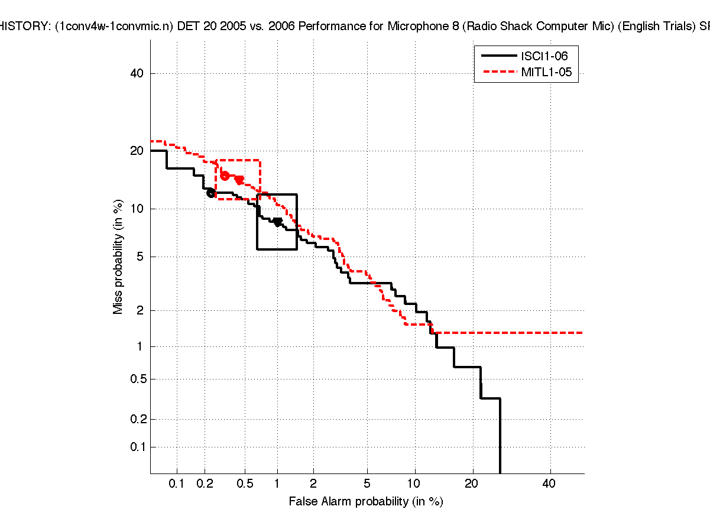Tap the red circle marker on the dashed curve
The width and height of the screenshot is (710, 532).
point(225,176)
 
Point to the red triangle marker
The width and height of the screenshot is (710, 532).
point(239,180)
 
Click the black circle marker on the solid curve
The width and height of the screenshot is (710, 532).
point(211,193)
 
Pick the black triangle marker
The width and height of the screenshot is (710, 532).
point(277,222)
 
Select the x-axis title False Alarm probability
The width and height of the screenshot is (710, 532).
point(366,502)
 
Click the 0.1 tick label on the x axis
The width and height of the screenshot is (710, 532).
point(177,484)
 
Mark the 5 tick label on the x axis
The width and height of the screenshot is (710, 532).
point(367,484)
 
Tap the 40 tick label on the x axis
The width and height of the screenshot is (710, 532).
point(549,484)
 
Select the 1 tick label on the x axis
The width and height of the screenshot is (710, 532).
point(277,484)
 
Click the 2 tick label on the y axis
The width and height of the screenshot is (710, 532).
point(141,310)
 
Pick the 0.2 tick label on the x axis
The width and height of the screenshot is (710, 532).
point(205,484)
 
